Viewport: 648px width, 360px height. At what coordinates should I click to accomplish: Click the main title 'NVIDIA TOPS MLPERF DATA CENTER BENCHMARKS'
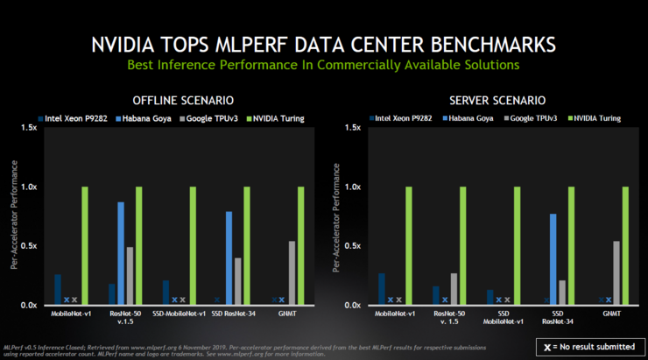(323, 43)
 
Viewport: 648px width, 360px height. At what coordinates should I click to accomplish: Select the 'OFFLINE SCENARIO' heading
(182, 100)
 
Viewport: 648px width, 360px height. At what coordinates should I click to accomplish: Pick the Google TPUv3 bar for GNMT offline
(292, 272)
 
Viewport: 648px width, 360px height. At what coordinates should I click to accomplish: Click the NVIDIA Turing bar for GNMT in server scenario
(625, 245)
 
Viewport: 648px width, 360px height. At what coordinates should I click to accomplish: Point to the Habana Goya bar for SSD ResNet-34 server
(553, 258)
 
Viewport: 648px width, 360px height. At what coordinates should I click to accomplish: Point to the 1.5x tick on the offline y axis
(27, 128)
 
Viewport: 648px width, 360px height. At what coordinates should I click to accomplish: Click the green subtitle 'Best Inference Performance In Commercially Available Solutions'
(323, 65)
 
